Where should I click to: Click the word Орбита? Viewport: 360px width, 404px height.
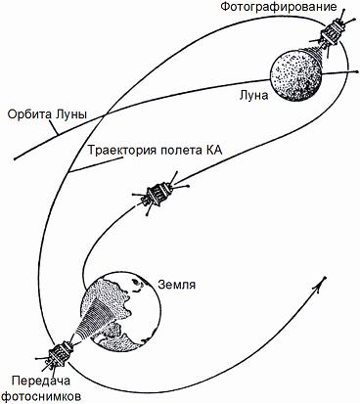(x=26, y=114)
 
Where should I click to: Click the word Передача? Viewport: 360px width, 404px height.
(x=39, y=380)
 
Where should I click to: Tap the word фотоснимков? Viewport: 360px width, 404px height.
(x=39, y=396)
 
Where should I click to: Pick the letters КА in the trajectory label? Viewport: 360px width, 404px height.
(x=216, y=151)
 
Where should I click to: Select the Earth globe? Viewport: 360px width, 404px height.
(x=121, y=312)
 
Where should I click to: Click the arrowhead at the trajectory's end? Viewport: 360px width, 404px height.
(x=322, y=283)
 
